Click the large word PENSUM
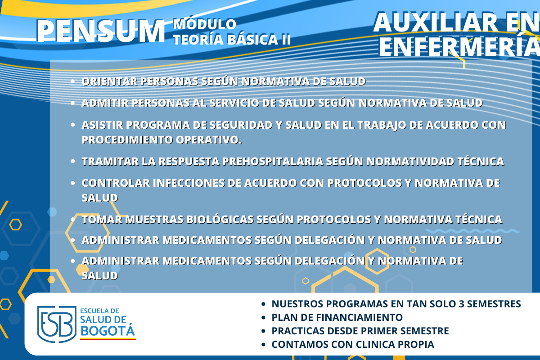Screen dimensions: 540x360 100,31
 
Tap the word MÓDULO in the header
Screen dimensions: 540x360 204,24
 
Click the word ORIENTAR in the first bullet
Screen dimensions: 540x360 109,81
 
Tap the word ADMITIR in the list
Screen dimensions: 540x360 105,103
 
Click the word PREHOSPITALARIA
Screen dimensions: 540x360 273,161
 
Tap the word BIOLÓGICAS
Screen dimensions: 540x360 220,220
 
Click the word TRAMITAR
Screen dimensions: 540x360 110,161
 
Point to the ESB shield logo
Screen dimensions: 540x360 57,324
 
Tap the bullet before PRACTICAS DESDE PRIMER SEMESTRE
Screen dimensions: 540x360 263,331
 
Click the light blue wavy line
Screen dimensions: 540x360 472,231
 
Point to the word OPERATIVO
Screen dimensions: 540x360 209,140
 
